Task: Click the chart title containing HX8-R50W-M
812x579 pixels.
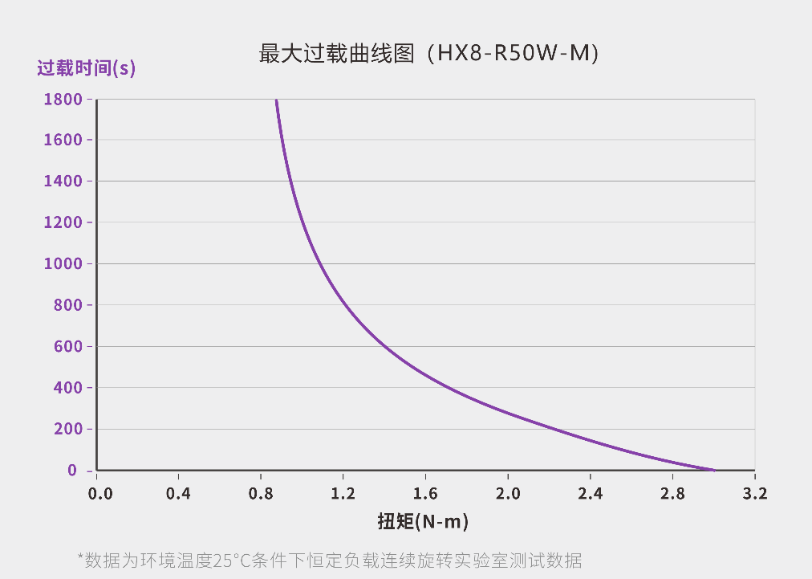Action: tap(429, 54)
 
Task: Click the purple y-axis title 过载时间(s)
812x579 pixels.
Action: tap(86, 68)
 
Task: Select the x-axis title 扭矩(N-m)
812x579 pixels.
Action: tap(423, 521)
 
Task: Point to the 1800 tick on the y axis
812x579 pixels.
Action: tap(63, 100)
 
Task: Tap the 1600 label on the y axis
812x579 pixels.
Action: tap(63, 141)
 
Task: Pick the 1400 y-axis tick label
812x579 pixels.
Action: tap(63, 181)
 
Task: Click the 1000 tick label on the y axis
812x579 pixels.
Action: tap(63, 264)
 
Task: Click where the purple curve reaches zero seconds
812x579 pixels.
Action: tap(713, 470)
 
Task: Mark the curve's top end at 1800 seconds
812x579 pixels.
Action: tap(276, 100)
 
